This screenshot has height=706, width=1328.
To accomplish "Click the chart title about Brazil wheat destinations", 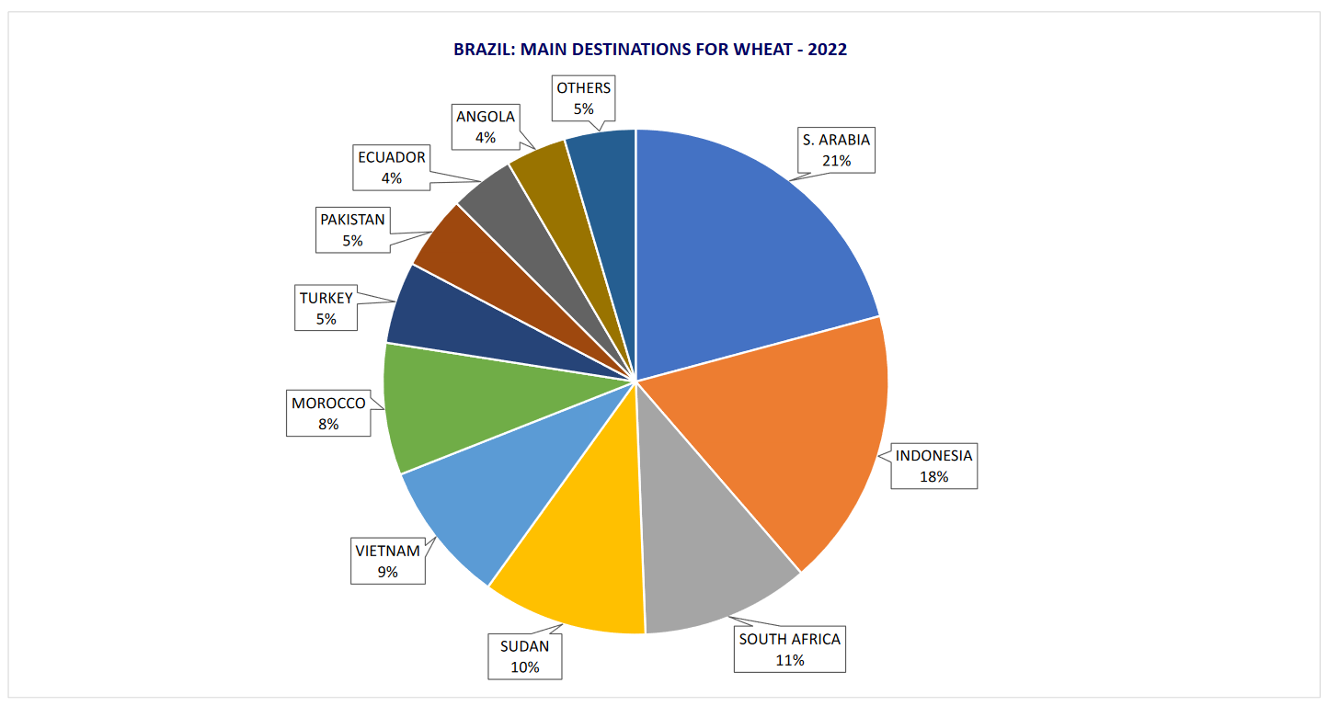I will click(x=649, y=50).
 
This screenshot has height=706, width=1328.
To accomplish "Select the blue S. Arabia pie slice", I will click(x=736, y=239).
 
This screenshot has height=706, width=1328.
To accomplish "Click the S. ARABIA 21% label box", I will click(x=836, y=150).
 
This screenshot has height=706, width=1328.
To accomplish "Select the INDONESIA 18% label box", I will click(x=933, y=466).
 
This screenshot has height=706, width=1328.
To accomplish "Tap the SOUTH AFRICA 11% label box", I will click(x=790, y=649).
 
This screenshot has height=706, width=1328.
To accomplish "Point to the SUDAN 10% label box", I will click(x=524, y=656).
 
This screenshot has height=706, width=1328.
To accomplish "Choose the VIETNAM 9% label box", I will click(x=387, y=561).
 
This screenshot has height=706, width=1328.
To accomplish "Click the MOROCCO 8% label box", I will click(x=328, y=414).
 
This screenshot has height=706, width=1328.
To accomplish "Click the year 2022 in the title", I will click(x=827, y=50).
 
